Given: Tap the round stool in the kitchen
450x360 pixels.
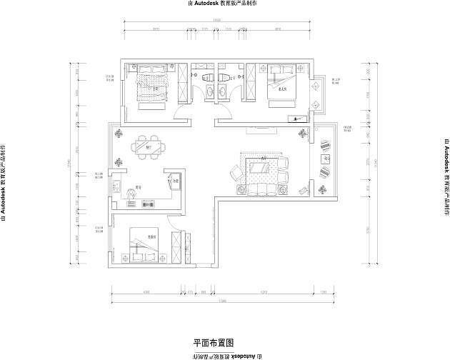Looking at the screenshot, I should point(131,192).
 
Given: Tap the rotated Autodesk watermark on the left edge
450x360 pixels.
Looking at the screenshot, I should point(4,181).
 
